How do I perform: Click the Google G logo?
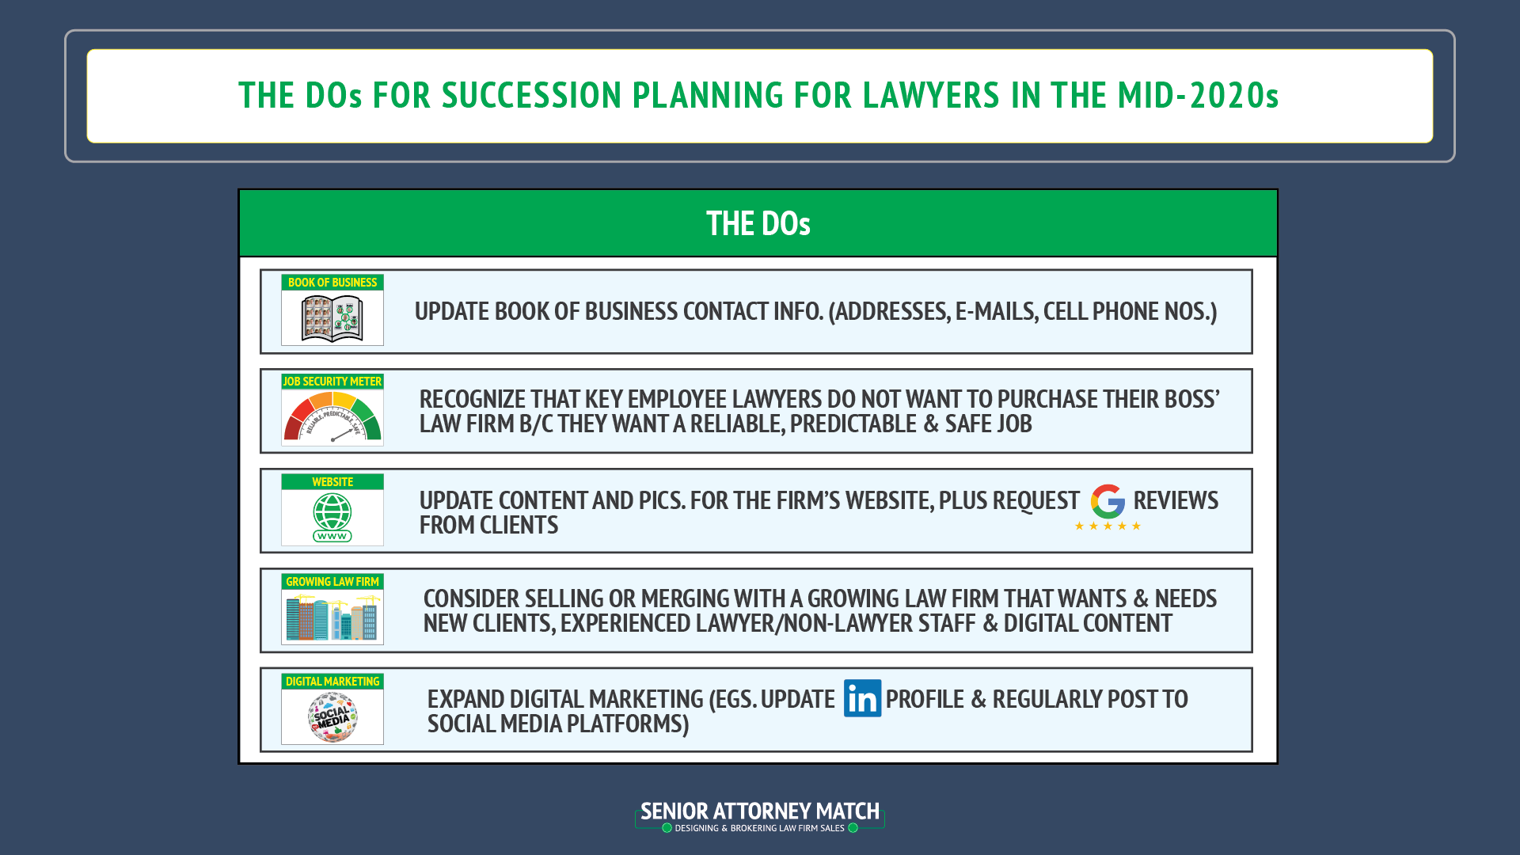tap(1108, 501)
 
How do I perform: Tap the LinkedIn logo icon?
tap(862, 698)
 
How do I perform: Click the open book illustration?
tap(332, 318)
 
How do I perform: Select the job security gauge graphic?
tap(332, 417)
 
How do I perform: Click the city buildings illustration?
tap(332, 617)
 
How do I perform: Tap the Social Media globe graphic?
tap(332, 717)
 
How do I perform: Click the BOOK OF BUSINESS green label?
tap(332, 283)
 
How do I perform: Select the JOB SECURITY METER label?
tap(332, 382)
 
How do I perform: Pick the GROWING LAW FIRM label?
tap(332, 582)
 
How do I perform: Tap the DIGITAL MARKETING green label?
tap(332, 682)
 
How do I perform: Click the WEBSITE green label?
tap(332, 482)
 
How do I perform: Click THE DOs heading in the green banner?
tap(758, 224)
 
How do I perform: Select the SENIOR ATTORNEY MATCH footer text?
tap(759, 811)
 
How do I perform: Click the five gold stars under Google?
tap(1108, 526)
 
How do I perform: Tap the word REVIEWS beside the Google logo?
tap(1176, 500)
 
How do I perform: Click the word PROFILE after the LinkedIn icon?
tap(925, 699)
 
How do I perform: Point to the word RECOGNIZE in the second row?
tap(472, 399)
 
